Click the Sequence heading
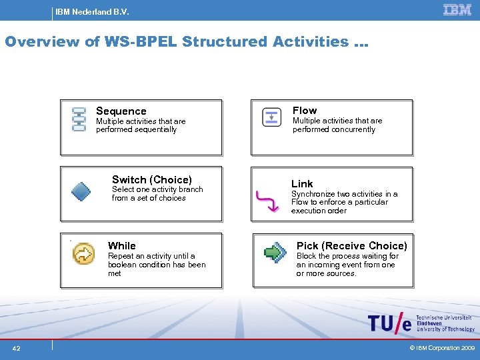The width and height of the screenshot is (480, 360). pos(121,111)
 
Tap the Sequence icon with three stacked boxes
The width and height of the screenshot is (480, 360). pos(79,119)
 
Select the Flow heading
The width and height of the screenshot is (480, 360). pos(305,111)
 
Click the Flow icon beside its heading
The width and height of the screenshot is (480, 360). pos(271,117)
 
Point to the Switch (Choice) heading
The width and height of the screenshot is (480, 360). pos(151,179)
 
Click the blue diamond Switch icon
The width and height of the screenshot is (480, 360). pos(80,192)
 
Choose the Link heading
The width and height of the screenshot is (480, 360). pos(302,183)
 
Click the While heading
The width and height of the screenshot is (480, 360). pos(121,246)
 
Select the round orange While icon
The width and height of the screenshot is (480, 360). pos(84,253)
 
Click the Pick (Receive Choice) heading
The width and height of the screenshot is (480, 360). pos(351,246)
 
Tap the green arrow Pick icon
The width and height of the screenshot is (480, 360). pos(274,252)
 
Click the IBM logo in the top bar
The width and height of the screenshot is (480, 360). pos(457,9)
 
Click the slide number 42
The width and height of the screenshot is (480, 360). pos(16,348)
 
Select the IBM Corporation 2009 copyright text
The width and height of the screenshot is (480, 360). pos(442,348)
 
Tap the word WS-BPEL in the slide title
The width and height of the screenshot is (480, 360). pos(140,41)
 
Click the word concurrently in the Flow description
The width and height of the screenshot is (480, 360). pos(353,129)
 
